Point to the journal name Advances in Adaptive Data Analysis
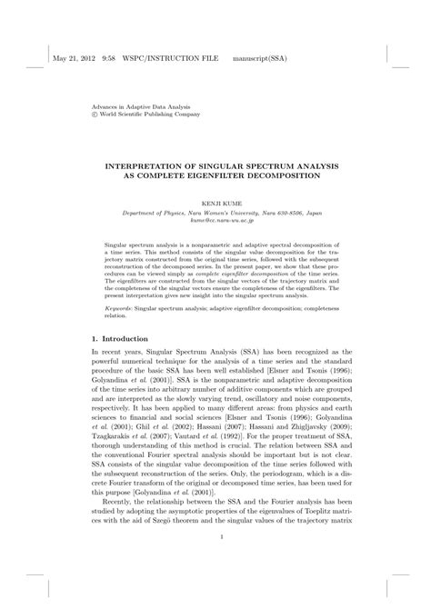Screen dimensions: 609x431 point(150,107)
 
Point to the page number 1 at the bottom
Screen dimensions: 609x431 point(215,563)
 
